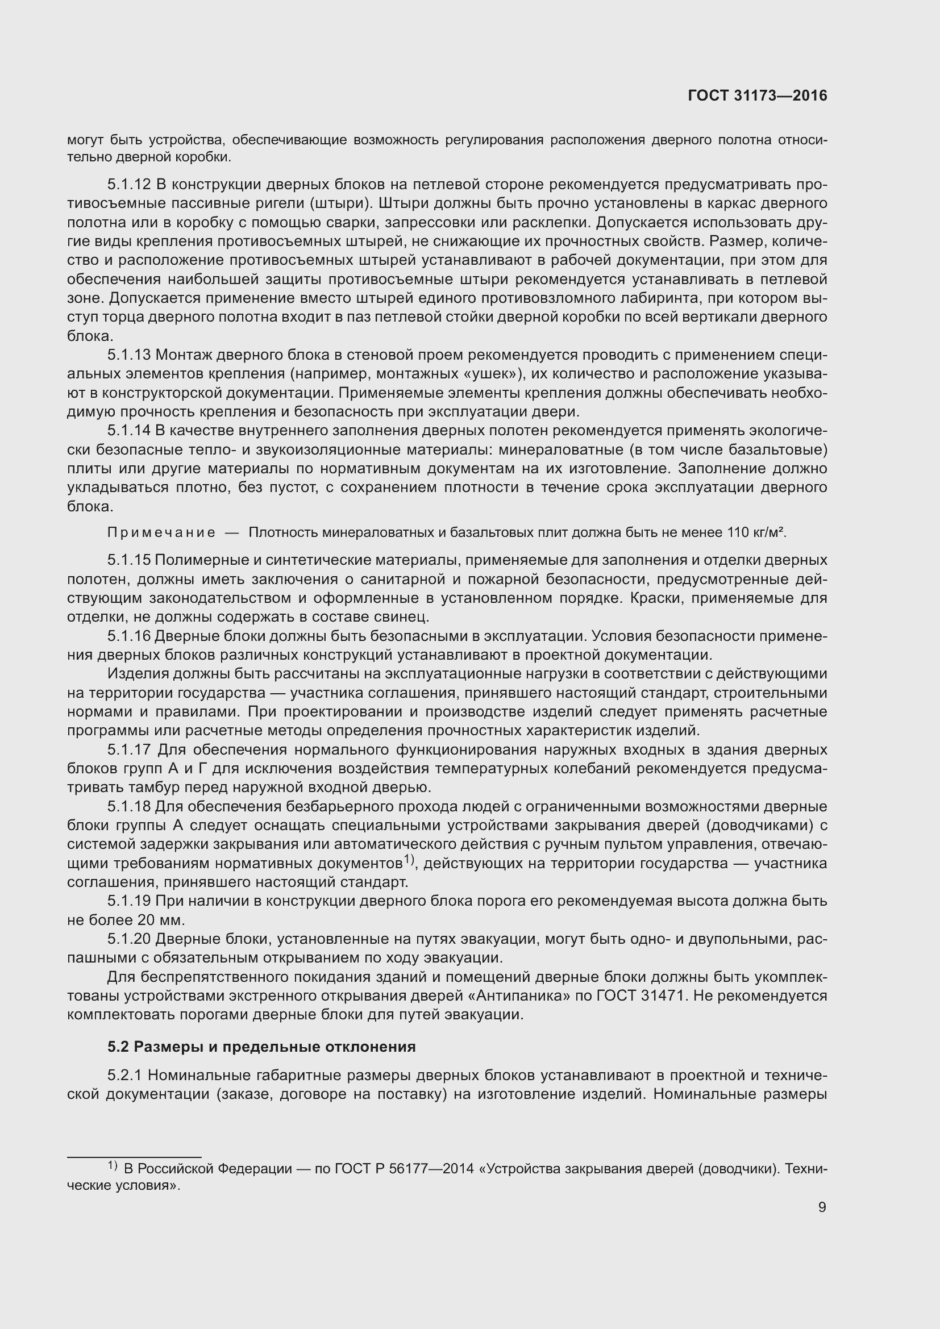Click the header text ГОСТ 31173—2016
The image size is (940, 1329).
click(x=757, y=96)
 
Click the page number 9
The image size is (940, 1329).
click(x=822, y=1207)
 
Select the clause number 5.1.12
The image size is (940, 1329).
click(x=129, y=185)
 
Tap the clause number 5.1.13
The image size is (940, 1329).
click(x=129, y=355)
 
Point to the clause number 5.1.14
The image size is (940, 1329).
click(x=129, y=431)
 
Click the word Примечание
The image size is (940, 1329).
click(x=161, y=532)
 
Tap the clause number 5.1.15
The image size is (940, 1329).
click(x=129, y=560)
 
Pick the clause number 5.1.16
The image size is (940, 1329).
click(x=129, y=636)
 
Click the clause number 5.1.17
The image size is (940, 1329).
click(x=129, y=750)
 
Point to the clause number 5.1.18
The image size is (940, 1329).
click(x=129, y=807)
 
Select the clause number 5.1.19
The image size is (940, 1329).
click(x=129, y=901)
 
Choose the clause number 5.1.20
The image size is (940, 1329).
click(x=129, y=939)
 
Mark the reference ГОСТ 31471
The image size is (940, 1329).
click(x=637, y=996)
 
